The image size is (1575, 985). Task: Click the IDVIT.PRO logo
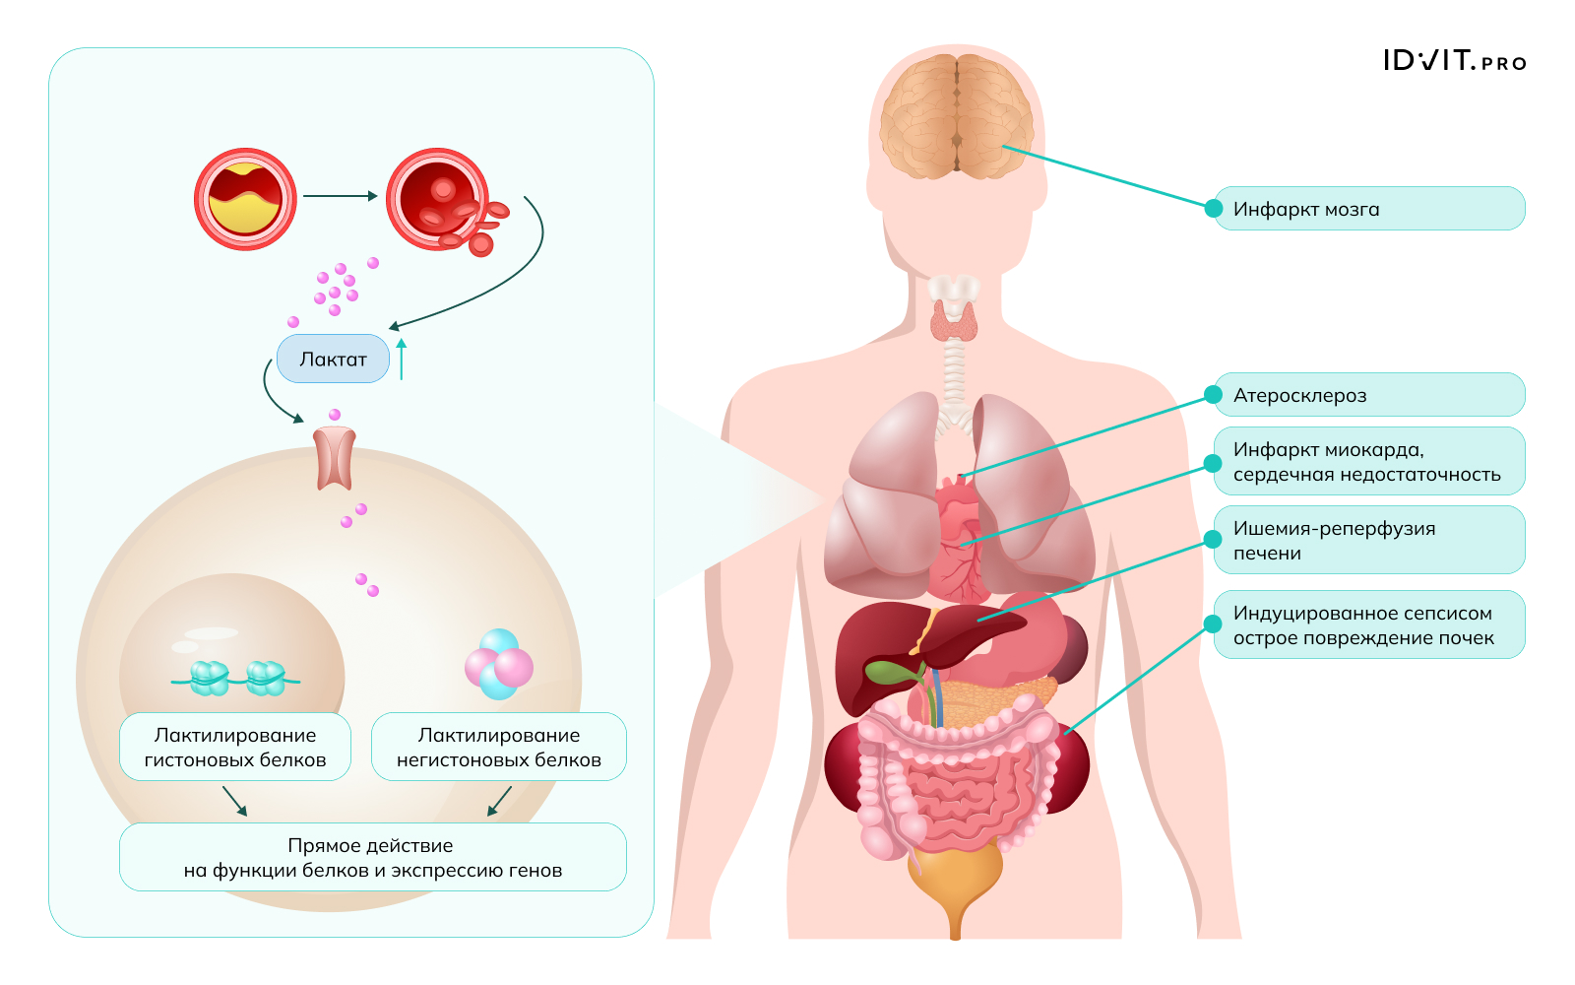point(1454,61)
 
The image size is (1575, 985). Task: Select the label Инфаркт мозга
point(1368,209)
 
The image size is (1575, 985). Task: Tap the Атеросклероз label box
point(1368,395)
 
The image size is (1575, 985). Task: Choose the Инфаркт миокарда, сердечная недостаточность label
point(1368,461)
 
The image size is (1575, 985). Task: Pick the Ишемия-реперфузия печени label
point(1368,540)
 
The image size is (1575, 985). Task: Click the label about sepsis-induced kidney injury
point(1368,624)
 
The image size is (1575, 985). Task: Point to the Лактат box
point(333,360)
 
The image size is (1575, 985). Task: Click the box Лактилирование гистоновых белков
point(235,747)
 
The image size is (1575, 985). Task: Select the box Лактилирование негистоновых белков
point(498,747)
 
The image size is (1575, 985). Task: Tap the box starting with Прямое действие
point(372,857)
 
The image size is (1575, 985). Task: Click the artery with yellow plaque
point(245,199)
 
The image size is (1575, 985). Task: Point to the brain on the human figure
point(956,116)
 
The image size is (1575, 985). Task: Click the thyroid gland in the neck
point(954,319)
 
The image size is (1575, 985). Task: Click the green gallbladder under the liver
point(891,672)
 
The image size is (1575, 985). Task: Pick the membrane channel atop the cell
point(335,457)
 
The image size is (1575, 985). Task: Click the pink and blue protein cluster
point(499,665)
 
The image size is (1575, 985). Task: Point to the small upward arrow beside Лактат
point(402,360)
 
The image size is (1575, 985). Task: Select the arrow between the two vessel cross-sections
point(340,196)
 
